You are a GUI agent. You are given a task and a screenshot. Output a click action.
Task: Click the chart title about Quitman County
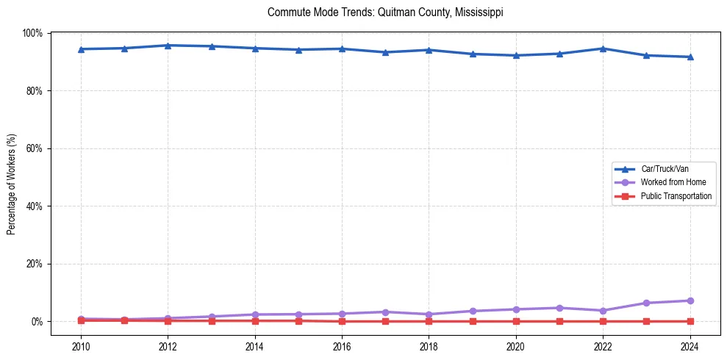385,12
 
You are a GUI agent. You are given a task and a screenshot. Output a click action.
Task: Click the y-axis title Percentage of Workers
11,184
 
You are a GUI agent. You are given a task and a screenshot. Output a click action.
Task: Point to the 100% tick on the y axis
32,33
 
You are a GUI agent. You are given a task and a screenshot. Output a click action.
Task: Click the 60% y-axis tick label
34,148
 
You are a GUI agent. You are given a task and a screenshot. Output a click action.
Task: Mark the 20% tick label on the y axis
34,264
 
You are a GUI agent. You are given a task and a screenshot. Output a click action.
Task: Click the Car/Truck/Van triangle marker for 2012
168,46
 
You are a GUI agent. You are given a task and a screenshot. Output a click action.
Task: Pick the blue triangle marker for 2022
603,48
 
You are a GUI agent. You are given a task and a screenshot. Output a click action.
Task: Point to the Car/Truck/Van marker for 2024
690,57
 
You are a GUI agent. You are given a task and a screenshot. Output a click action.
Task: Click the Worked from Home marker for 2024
690,300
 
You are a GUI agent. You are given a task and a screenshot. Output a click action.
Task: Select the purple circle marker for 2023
647,303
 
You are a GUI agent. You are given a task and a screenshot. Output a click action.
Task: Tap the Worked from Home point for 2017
385,312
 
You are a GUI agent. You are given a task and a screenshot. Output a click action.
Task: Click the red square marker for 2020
516,321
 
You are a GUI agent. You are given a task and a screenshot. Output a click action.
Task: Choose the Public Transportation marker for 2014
255,320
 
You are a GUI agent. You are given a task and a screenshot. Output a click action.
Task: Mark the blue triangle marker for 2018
429,50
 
